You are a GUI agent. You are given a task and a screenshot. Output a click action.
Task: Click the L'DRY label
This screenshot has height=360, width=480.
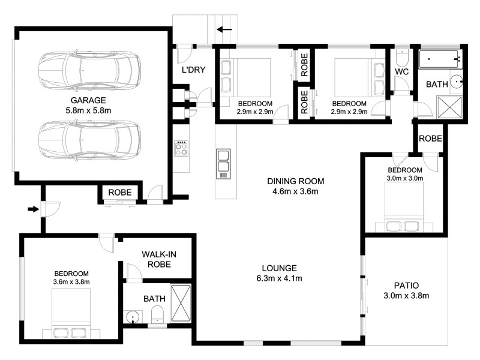coord(194,70)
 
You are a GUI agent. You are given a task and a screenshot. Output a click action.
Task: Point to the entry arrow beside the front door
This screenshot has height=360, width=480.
coord(32,209)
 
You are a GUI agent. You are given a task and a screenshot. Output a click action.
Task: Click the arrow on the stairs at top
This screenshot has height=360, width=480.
coord(226,29)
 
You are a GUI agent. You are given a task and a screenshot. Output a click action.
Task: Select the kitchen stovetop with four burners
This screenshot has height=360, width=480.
coord(181,148)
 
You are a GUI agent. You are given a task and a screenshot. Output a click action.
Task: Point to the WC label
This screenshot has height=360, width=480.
coord(402,71)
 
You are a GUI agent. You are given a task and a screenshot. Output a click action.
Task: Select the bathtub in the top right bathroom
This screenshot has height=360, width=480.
coord(440,59)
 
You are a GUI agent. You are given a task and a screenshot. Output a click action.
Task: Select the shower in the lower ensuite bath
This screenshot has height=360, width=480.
coord(181,304)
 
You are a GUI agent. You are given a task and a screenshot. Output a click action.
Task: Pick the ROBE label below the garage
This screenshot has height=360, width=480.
coord(121,193)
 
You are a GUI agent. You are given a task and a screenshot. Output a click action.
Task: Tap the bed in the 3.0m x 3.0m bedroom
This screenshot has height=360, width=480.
coord(403,208)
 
